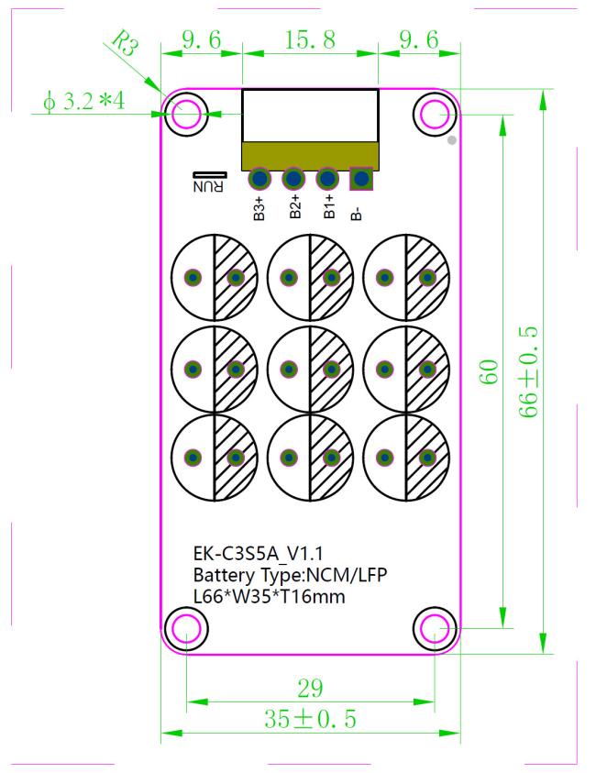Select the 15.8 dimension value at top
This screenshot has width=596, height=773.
pyautogui.click(x=310, y=39)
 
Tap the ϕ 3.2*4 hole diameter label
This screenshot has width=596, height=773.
pyautogui.click(x=83, y=102)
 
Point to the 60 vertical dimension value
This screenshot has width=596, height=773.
pyautogui.click(x=489, y=371)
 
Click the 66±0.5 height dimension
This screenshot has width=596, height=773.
pyautogui.click(x=528, y=371)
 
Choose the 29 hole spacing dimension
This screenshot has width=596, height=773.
pyautogui.click(x=311, y=689)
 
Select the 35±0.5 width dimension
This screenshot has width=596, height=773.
pyautogui.click(x=310, y=719)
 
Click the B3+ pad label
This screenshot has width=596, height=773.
pyautogui.click(x=259, y=208)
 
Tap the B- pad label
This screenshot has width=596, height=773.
pyautogui.click(x=356, y=213)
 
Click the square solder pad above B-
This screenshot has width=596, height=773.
pyautogui.click(x=361, y=179)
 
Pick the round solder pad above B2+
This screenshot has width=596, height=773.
pyautogui.click(x=293, y=179)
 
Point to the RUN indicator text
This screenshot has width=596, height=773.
pyautogui.click(x=208, y=186)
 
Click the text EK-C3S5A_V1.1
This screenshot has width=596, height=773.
pyautogui.click(x=259, y=554)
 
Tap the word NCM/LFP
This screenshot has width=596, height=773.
pyautogui.click(x=347, y=575)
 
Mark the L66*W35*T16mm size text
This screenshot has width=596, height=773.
pyautogui.click(x=270, y=597)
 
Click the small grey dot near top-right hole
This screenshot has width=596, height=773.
pyautogui.click(x=451, y=140)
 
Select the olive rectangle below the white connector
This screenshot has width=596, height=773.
pyautogui.click(x=310, y=156)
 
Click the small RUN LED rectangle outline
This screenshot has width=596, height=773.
pyautogui.click(x=210, y=174)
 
